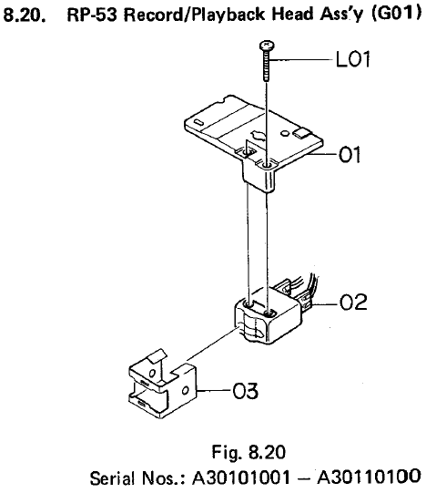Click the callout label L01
click(x=352, y=59)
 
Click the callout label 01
click(x=350, y=155)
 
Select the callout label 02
click(x=353, y=303)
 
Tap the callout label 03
click(x=246, y=391)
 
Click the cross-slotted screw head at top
click(x=267, y=46)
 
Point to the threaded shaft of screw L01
click(x=267, y=66)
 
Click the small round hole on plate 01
click(x=285, y=133)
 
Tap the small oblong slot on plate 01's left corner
click(x=198, y=122)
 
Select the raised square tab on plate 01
click(x=301, y=133)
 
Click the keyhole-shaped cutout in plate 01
click(x=258, y=136)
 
